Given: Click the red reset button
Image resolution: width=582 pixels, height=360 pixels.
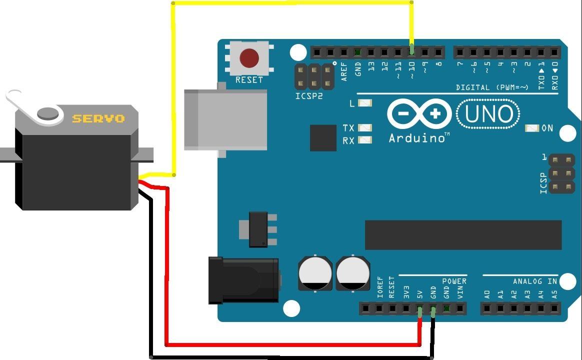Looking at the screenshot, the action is [x=249, y=58].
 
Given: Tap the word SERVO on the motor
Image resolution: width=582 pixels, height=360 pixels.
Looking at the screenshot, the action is [x=98, y=119].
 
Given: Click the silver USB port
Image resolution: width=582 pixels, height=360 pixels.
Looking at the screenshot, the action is [x=225, y=119].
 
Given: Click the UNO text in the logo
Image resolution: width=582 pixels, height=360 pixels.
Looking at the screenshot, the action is [x=488, y=114].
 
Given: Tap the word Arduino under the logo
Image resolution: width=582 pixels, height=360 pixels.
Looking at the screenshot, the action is [x=417, y=138].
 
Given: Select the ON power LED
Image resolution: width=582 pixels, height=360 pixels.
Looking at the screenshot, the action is [x=532, y=128].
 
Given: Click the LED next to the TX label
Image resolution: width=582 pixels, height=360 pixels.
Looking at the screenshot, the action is [x=365, y=127].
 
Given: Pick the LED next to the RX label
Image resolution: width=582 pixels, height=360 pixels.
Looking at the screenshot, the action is [x=365, y=140].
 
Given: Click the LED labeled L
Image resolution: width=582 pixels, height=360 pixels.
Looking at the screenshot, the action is [x=365, y=103].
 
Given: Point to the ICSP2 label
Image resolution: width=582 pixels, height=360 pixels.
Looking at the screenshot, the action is [x=309, y=96].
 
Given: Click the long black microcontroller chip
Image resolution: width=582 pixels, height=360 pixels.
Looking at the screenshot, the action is [x=463, y=235].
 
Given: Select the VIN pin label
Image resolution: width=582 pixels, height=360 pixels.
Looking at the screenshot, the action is [x=460, y=292].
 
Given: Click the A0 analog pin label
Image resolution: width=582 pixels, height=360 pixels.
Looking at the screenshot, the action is [x=487, y=294].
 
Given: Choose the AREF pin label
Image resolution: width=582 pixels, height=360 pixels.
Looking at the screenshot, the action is [x=344, y=71].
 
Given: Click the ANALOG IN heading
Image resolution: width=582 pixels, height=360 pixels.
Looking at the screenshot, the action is [x=535, y=281].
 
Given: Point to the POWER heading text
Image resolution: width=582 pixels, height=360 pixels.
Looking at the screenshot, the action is [x=454, y=281].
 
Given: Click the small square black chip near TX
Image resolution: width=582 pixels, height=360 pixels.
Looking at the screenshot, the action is [x=323, y=137].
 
